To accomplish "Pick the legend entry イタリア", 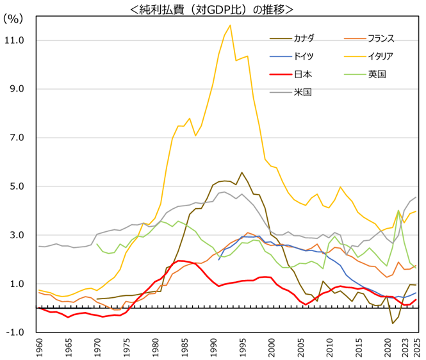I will tap(381, 56).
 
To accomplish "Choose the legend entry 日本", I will tap(303, 74).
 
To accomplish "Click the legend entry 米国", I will tap(302, 92).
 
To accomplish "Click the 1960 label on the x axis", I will tap(40, 349).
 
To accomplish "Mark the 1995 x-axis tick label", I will tap(242, 349).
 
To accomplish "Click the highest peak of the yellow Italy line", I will tap(230, 25).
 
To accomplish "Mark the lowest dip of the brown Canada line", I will tap(393, 323).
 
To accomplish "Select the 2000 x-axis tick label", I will tap(271, 349).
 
